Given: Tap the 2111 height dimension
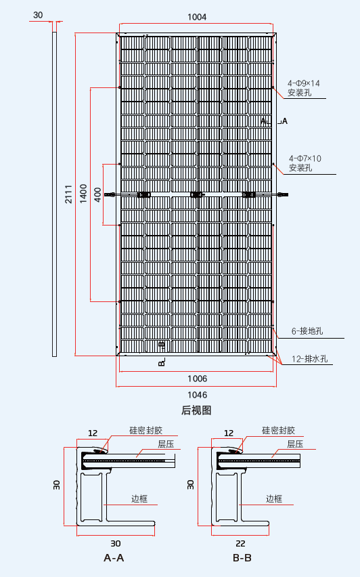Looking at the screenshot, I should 69,195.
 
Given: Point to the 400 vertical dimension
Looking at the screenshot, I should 97,194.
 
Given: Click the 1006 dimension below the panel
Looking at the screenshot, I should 197,379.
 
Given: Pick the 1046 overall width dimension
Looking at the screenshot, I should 197,395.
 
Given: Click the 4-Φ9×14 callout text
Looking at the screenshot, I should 304,83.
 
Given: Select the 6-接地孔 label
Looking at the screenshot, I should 308,331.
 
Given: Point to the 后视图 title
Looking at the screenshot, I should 196,410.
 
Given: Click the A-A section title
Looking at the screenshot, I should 114,559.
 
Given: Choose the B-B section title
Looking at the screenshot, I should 242,559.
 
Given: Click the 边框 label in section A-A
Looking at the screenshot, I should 139,499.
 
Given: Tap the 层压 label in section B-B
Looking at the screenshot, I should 294,444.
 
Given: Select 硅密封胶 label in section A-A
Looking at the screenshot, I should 145,430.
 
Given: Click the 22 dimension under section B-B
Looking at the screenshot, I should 240,543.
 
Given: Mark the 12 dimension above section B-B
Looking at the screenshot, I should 229,433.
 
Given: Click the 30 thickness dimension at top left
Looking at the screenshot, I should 38,15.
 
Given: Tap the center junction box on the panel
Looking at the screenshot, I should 197,195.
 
